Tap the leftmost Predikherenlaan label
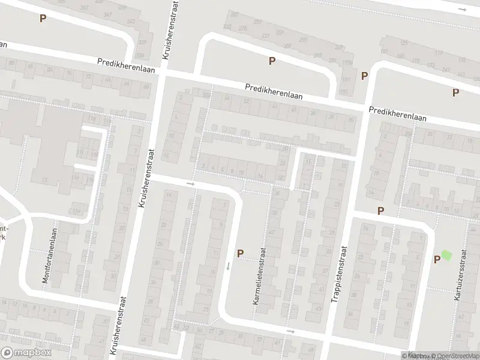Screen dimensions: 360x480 127,65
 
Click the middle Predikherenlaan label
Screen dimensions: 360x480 273,91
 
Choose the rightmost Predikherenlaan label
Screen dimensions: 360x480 398,113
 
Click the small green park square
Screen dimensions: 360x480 446,255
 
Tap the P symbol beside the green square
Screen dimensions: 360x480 437,259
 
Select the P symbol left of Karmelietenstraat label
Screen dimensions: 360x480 240,254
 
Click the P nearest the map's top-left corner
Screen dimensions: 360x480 43,18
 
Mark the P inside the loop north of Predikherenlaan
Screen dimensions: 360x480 272,61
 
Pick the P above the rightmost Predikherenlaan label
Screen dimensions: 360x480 455,92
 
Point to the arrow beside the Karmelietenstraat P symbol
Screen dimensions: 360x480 229,266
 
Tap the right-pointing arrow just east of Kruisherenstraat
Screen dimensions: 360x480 191,183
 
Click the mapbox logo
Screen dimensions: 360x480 24,352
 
